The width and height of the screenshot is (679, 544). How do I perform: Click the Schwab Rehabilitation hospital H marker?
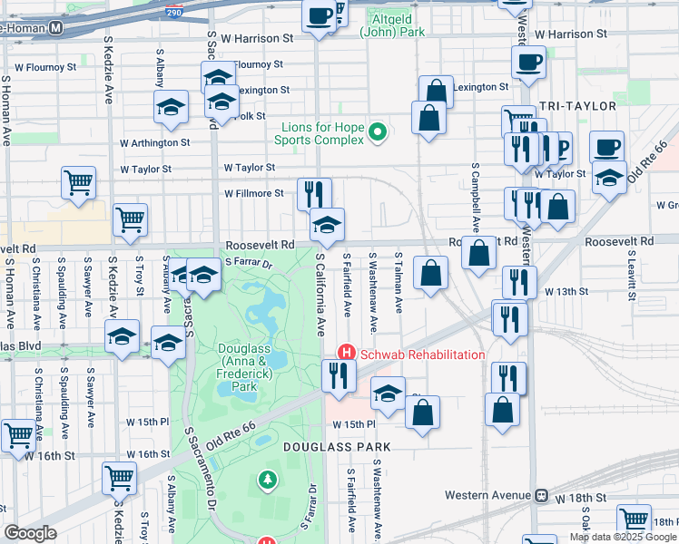(x=346, y=353)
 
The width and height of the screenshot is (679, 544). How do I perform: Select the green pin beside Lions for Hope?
(x=378, y=133)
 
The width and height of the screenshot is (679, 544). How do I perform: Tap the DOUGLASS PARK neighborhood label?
(x=336, y=447)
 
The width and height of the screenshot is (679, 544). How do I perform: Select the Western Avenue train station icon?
(x=541, y=496)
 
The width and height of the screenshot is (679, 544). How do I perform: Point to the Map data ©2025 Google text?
(x=623, y=537)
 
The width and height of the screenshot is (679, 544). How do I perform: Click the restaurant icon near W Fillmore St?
(x=314, y=194)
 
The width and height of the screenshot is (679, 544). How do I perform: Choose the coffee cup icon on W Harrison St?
(x=320, y=17)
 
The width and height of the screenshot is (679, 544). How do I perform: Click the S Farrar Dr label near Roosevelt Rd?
(x=249, y=264)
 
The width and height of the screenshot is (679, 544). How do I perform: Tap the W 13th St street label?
(x=567, y=291)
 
